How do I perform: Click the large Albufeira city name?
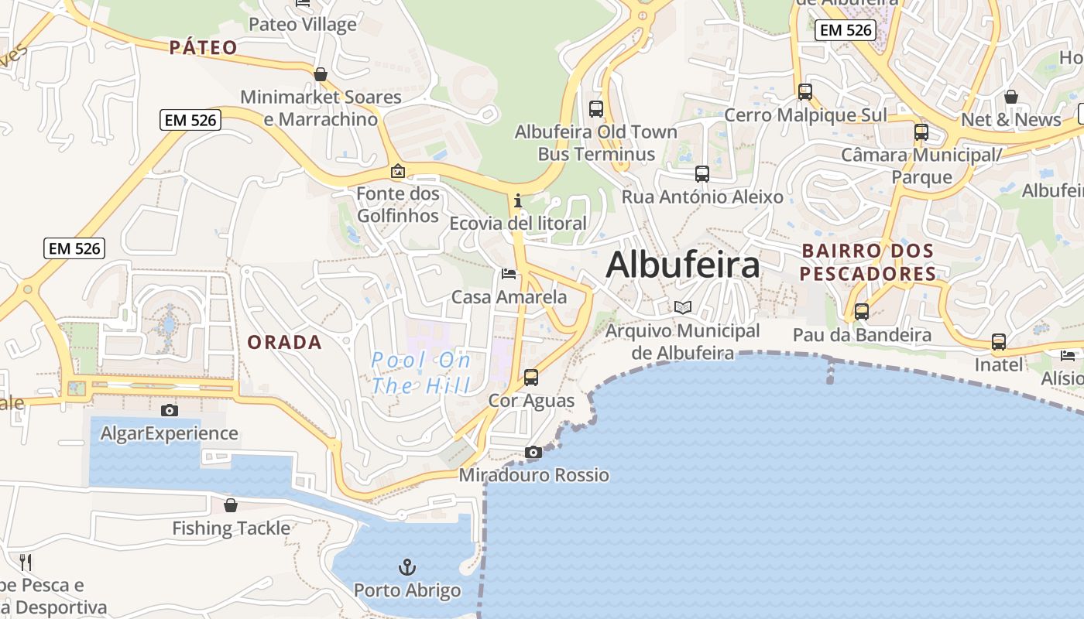point(682,265)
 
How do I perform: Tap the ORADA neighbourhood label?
point(284,342)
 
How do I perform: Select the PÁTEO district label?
point(204,47)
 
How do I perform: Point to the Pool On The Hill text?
point(421,372)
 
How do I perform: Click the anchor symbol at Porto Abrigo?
point(407,568)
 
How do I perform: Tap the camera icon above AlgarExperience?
point(170,410)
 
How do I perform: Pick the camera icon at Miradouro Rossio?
point(533,452)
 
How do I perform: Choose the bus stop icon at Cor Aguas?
point(531,378)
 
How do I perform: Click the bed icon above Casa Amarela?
point(509,274)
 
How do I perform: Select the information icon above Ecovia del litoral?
point(518,201)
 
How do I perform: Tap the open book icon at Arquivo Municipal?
point(682,308)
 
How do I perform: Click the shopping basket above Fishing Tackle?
point(231,505)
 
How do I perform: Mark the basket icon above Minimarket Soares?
point(321,74)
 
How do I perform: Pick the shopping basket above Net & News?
point(1011,97)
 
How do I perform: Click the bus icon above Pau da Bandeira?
point(862,312)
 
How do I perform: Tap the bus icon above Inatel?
point(999,341)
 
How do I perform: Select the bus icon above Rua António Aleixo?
point(702,174)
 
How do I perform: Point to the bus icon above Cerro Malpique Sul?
point(805,92)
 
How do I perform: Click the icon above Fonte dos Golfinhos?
point(398,171)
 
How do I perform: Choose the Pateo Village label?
point(303,24)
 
